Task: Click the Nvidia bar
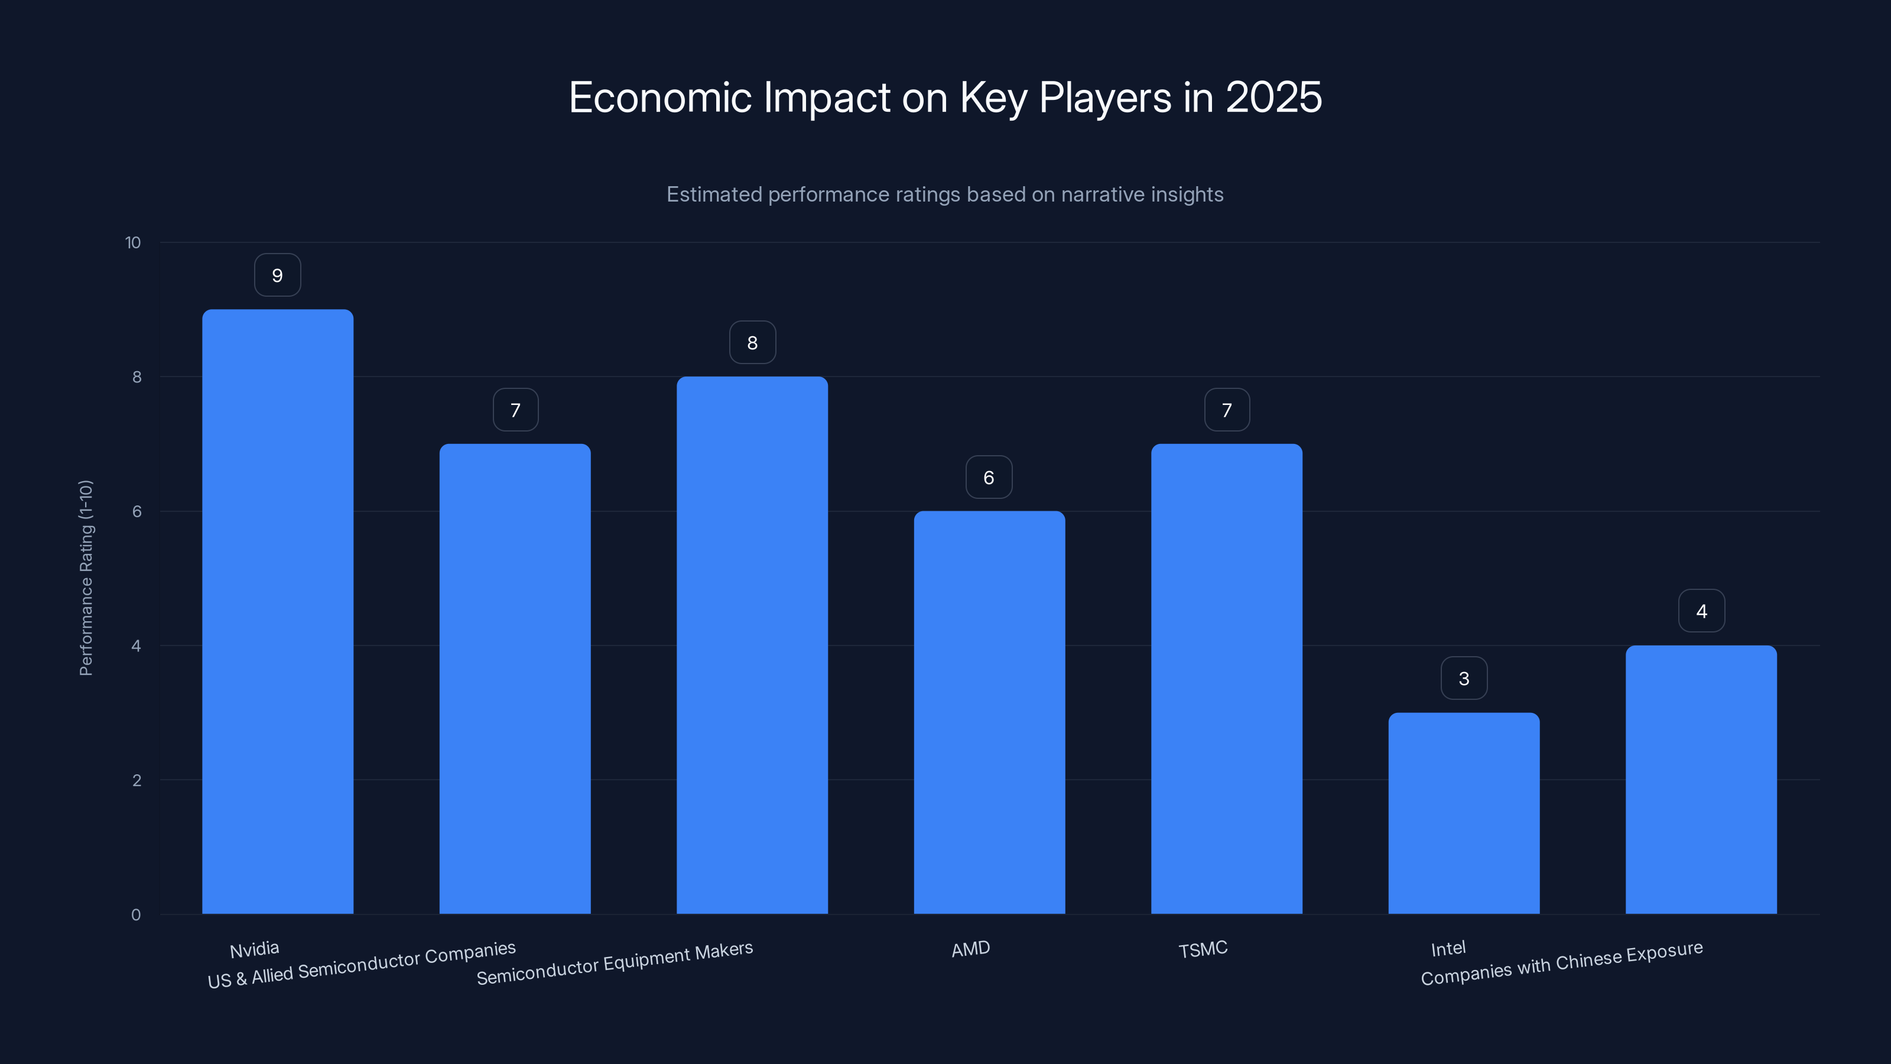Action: pyautogui.click(x=278, y=611)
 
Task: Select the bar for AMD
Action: pyautogui.click(x=989, y=712)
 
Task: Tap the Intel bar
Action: pyautogui.click(x=1464, y=813)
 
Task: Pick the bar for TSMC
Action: pyautogui.click(x=1226, y=679)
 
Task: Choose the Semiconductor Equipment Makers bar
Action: pyautogui.click(x=752, y=645)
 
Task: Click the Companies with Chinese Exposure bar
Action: pyautogui.click(x=1701, y=779)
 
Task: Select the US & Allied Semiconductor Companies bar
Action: pyautogui.click(x=515, y=679)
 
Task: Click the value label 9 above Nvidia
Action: pyautogui.click(x=278, y=275)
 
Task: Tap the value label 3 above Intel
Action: pyautogui.click(x=1464, y=679)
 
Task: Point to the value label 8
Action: pyautogui.click(x=752, y=343)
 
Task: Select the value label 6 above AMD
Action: pyautogui.click(x=989, y=477)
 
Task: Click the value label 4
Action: pyautogui.click(x=1701, y=611)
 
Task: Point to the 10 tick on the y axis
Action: pyautogui.click(x=133, y=243)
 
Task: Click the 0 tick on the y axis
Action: pyautogui.click(x=136, y=915)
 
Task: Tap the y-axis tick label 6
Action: pyautogui.click(x=137, y=512)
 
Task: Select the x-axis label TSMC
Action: pyautogui.click(x=1203, y=949)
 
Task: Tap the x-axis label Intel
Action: pyautogui.click(x=1448, y=949)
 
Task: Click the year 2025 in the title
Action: pyautogui.click(x=1273, y=98)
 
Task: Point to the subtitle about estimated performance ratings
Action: pyautogui.click(x=945, y=194)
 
